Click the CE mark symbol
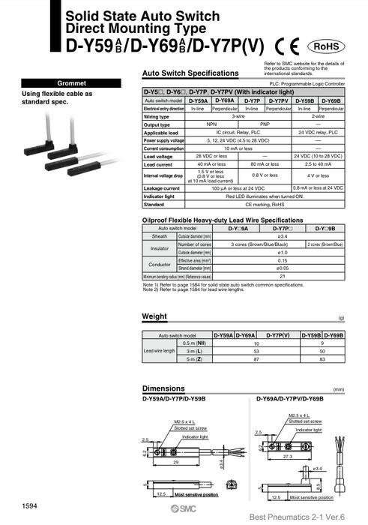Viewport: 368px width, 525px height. click(288, 46)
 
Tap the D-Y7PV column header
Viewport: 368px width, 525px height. click(278, 100)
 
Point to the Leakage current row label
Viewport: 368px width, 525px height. click(161, 187)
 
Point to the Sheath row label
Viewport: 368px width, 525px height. click(159, 235)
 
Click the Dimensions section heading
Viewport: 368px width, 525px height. click(163, 388)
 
